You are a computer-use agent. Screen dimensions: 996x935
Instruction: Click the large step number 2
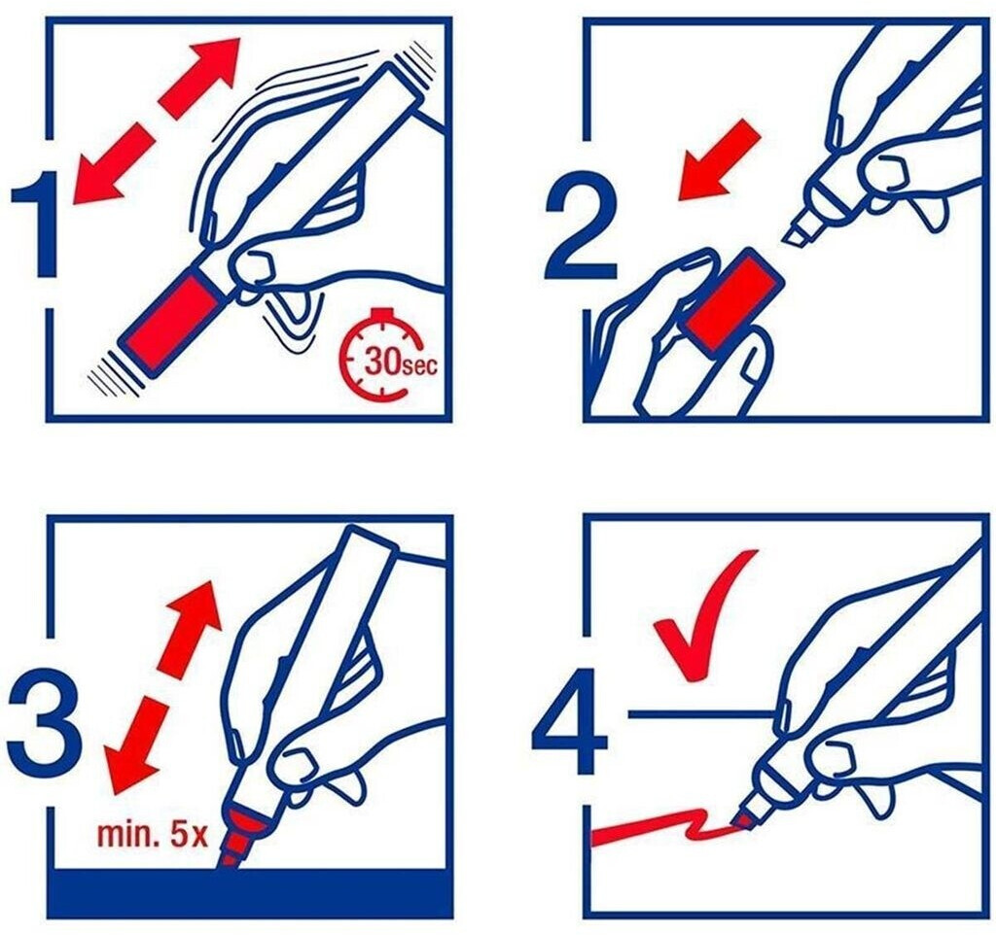pos(581,228)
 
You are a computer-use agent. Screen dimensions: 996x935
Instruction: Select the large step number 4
pos(570,725)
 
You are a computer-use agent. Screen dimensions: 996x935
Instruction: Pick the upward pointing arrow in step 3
pos(192,625)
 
